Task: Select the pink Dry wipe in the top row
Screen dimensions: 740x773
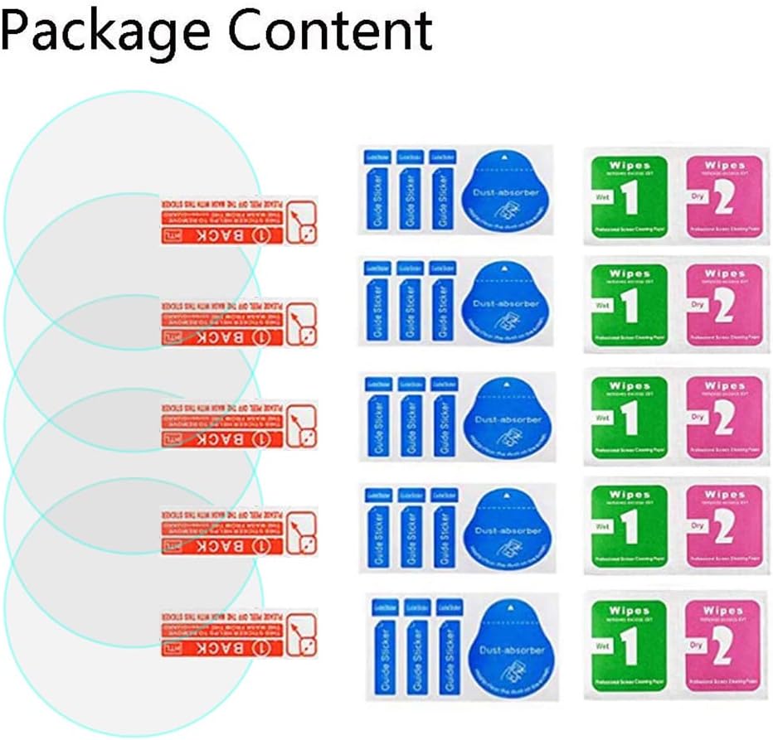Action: click(x=722, y=196)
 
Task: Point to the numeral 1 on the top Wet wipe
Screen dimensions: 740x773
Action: click(x=630, y=200)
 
